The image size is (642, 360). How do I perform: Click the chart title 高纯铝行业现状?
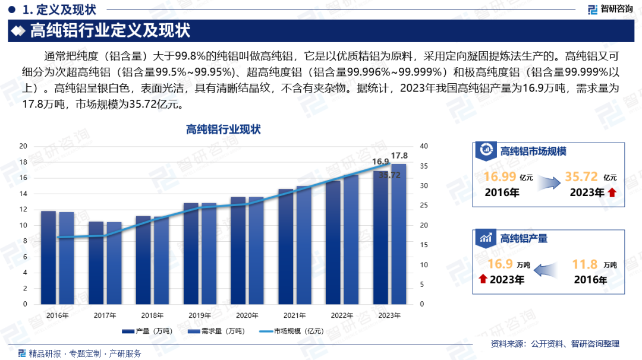tap(224, 130)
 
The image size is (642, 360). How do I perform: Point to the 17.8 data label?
tap(399, 156)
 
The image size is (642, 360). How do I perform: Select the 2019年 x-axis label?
tap(200, 315)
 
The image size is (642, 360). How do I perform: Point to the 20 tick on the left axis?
tap(23, 146)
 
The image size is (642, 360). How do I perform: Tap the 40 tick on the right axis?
tap(423, 146)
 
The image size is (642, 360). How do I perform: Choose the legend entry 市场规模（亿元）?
tap(292, 331)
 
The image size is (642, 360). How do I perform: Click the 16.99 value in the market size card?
tap(499, 177)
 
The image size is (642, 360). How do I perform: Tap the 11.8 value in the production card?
tap(584, 264)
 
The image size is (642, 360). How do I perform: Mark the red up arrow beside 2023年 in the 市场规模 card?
tap(612, 192)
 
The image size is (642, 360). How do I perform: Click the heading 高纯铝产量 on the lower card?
tap(524, 238)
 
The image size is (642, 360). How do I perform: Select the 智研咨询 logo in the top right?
tap(610, 9)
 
